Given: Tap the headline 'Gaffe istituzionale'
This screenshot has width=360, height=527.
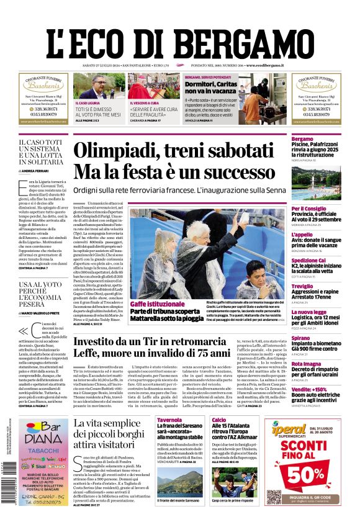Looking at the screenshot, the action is [158, 304].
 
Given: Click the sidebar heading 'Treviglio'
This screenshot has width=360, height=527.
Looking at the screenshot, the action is [320, 286].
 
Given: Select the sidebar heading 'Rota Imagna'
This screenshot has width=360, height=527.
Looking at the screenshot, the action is [323, 364].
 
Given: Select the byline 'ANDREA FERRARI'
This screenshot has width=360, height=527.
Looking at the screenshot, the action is [38, 170].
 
